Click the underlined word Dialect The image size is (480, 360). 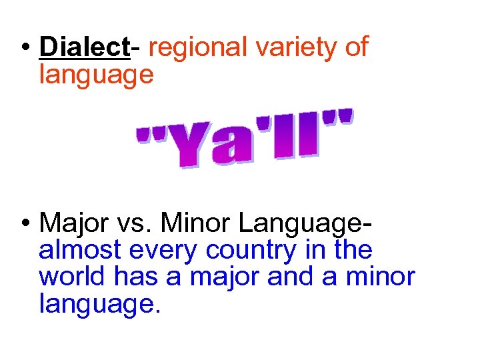[x=83, y=47]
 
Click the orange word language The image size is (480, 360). [x=97, y=74]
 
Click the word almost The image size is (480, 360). [x=80, y=250]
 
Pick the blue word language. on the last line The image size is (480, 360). [x=100, y=303]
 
